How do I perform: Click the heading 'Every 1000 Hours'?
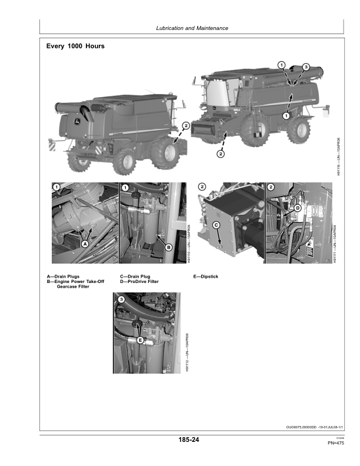click(x=75, y=46)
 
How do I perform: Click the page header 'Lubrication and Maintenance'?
click(x=192, y=28)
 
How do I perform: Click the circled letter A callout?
click(x=85, y=243)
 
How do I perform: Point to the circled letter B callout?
click(x=168, y=248)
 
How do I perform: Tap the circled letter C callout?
click(x=216, y=225)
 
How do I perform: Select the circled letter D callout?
click(x=298, y=208)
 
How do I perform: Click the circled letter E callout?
click(x=140, y=339)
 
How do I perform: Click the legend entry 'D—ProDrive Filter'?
click(x=139, y=281)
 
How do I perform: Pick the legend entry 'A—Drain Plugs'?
click(x=63, y=276)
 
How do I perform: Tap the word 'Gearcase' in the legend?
click(x=69, y=287)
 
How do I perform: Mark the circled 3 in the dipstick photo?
click(x=121, y=300)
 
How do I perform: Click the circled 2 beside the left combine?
click(x=186, y=125)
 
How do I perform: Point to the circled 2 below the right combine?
click(x=220, y=154)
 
